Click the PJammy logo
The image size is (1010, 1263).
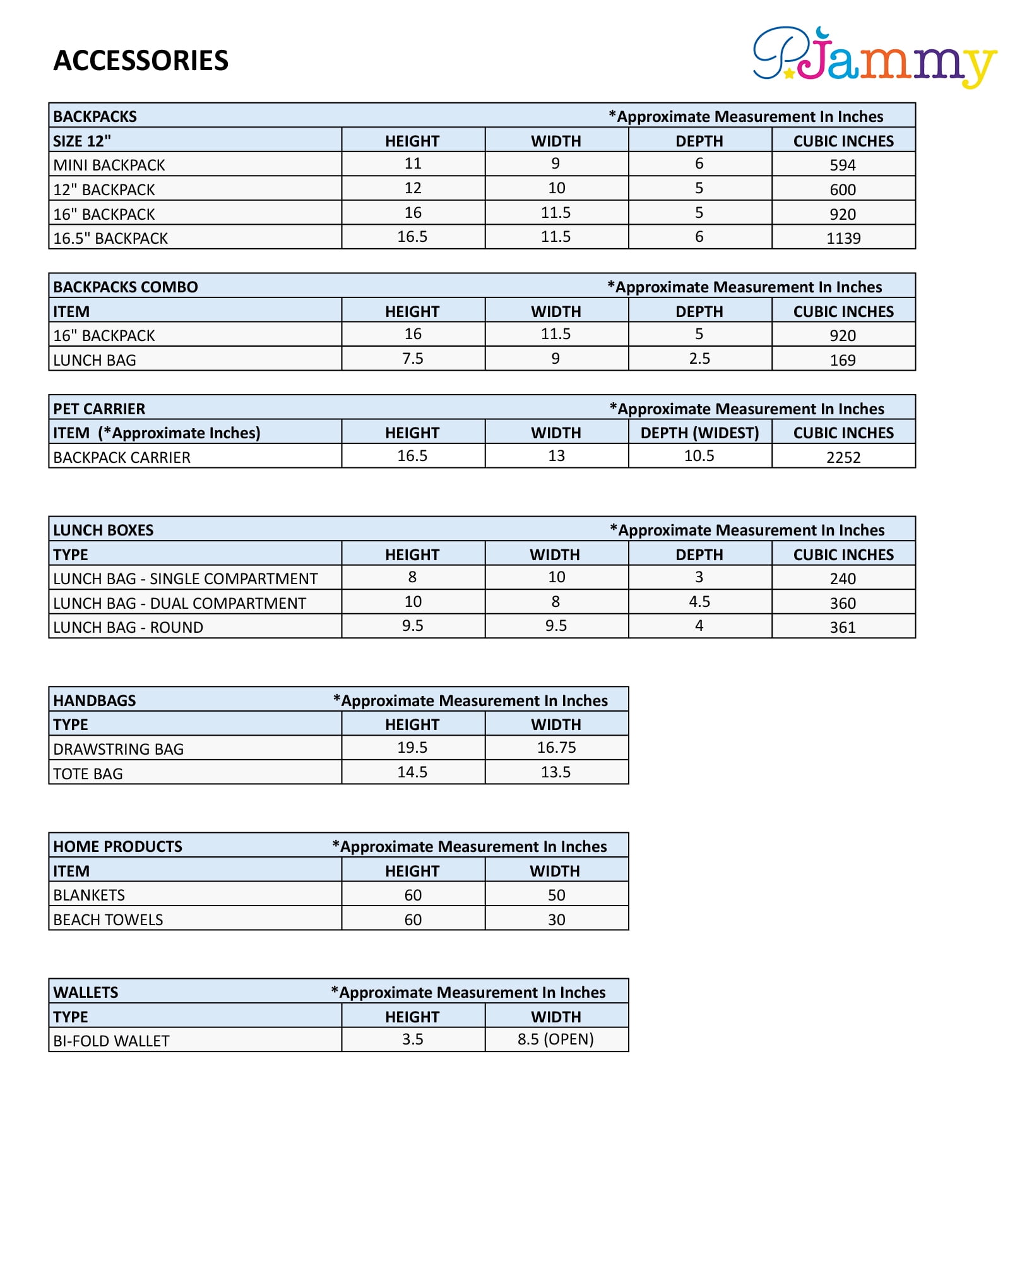(x=874, y=57)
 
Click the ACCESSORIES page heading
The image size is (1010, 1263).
(x=141, y=61)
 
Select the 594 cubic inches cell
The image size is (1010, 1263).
(x=843, y=165)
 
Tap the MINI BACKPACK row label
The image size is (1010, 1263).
(x=109, y=165)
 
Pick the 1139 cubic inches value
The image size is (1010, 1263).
(x=843, y=238)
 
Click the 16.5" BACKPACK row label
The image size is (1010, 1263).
(x=110, y=238)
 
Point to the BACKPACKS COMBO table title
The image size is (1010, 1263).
(x=126, y=287)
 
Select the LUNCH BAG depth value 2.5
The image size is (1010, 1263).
(x=699, y=359)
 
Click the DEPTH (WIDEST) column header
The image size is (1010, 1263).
(x=699, y=433)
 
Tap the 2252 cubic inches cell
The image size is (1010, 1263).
(x=843, y=457)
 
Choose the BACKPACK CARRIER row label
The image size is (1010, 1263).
(x=122, y=457)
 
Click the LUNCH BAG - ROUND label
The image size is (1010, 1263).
(x=128, y=627)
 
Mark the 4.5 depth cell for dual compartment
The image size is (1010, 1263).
(x=699, y=602)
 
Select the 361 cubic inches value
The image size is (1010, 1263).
(x=843, y=627)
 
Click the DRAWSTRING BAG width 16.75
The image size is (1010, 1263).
(x=556, y=748)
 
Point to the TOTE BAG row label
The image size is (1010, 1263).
(x=88, y=774)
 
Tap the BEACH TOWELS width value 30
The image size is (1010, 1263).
(x=556, y=919)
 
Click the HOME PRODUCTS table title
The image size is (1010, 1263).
(x=118, y=846)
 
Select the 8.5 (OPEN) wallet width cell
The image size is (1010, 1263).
(x=555, y=1039)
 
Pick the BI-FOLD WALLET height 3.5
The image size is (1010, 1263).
(x=413, y=1039)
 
